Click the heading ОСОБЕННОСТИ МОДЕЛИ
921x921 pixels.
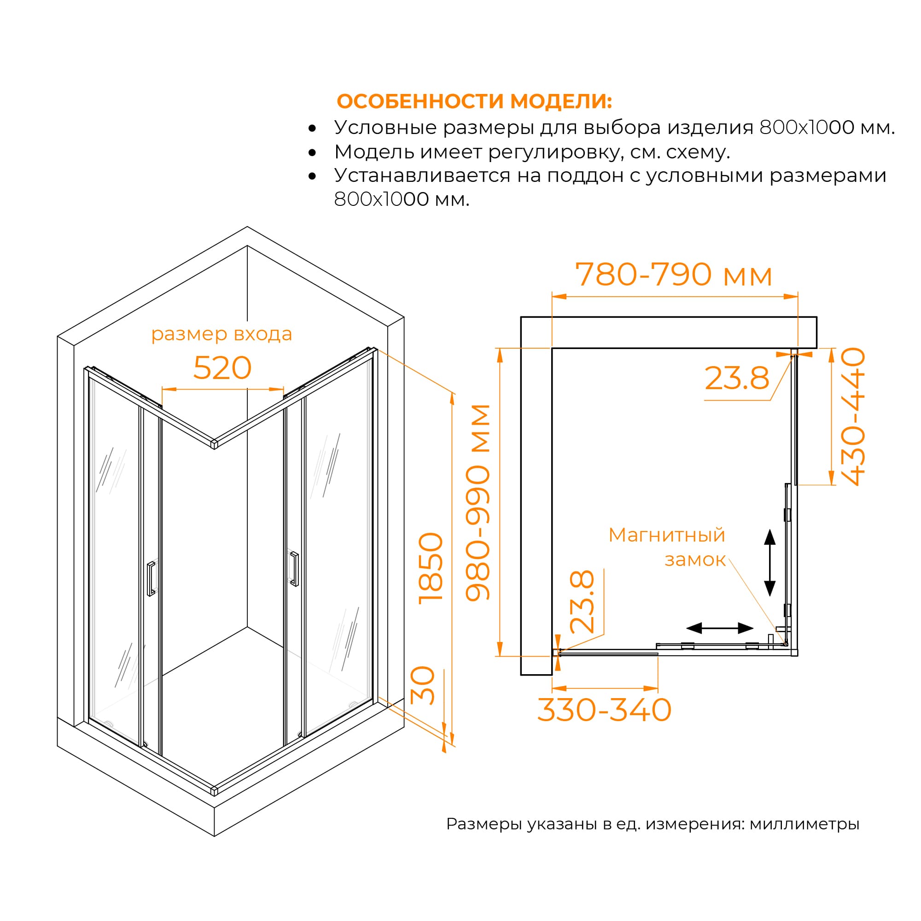click(x=474, y=101)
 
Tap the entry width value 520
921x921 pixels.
click(x=222, y=368)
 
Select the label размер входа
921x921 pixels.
click(x=222, y=334)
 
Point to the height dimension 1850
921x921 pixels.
click(x=431, y=568)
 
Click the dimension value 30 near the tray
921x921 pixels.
click(x=423, y=686)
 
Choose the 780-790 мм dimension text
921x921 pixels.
click(x=674, y=274)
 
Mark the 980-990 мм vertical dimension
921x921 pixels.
click(x=478, y=503)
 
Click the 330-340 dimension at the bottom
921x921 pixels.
click(x=605, y=710)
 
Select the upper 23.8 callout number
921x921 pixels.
click(x=737, y=378)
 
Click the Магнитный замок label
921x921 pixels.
click(x=667, y=547)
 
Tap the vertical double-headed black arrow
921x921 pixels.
click(x=770, y=563)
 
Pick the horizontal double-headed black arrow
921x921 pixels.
click(x=720, y=628)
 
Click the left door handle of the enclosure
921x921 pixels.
click(x=151, y=579)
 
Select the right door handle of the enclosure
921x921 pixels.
click(x=294, y=569)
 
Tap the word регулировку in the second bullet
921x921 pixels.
click(x=555, y=152)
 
